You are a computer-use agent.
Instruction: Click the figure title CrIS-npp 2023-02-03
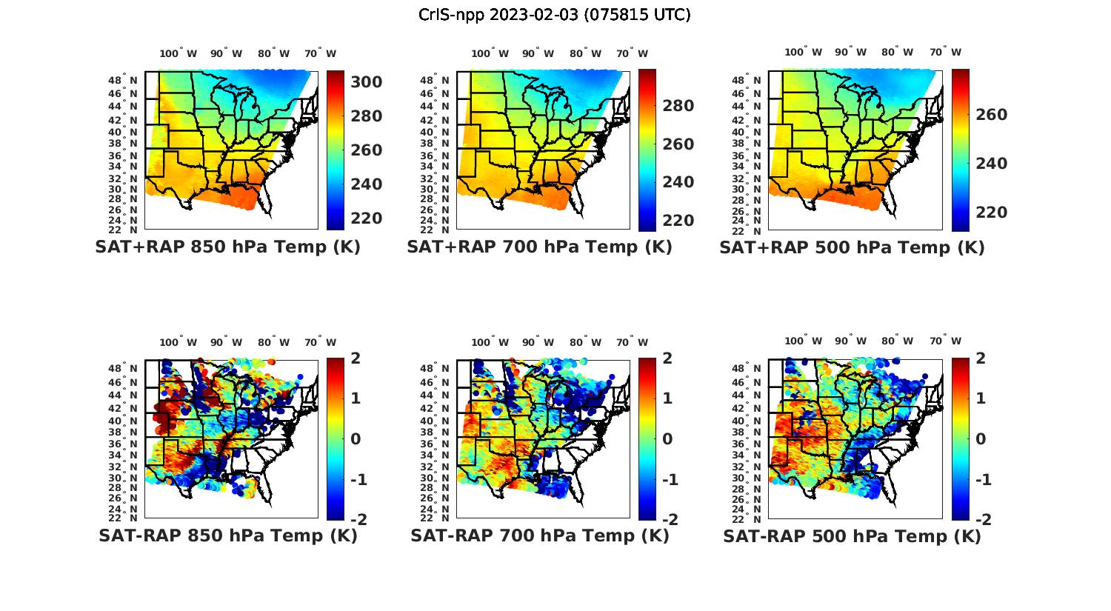[555, 15]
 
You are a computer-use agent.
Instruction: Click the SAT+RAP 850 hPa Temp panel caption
[227, 247]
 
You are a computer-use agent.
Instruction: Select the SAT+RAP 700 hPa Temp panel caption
[539, 247]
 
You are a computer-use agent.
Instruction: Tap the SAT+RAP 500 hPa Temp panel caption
[852, 247]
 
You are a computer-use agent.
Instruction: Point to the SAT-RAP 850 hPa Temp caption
[227, 535]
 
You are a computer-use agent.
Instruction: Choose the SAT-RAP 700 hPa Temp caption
[539, 535]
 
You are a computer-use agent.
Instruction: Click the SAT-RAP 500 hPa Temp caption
[852, 536]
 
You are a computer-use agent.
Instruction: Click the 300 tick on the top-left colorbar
[366, 82]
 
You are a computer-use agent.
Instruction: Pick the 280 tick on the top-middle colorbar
[678, 106]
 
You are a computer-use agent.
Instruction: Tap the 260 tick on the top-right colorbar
[991, 115]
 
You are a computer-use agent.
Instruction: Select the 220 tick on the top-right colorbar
[991, 213]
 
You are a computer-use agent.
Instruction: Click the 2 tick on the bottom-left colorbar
[356, 358]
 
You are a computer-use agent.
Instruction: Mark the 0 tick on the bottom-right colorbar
[981, 439]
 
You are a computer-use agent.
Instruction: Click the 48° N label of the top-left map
[123, 81]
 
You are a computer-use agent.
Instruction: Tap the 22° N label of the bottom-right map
[747, 518]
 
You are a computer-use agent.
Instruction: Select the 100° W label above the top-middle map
[490, 53]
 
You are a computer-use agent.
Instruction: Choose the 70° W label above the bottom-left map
[321, 342]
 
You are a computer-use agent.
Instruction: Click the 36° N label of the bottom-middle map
[435, 443]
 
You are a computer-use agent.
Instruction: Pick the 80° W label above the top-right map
[897, 52]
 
